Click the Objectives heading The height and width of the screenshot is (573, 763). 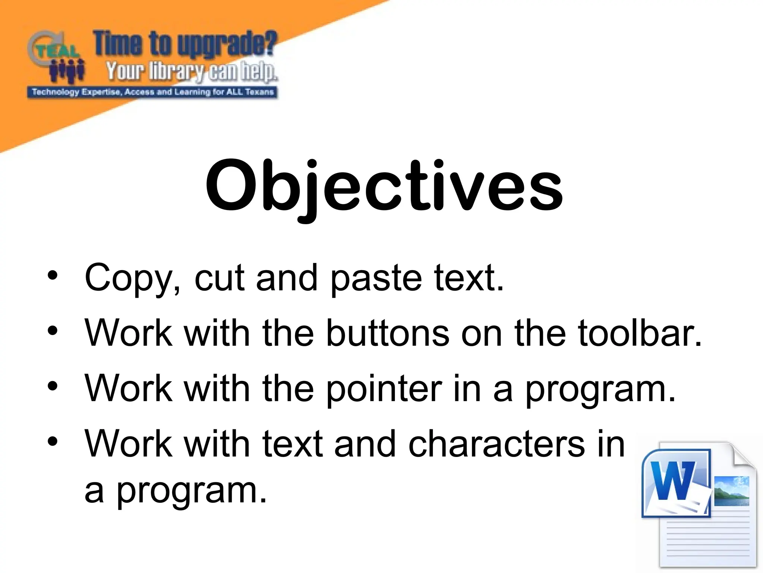tap(384, 187)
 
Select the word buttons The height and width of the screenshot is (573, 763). tap(387, 333)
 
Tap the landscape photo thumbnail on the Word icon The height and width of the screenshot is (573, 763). tap(732, 491)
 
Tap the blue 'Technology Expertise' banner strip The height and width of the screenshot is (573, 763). tap(152, 92)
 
